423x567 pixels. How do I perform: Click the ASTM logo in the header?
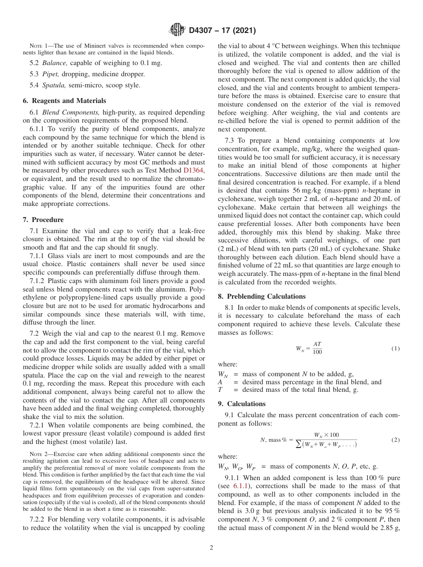178,30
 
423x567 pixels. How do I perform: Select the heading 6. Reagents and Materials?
64,101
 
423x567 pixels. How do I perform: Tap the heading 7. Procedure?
43,220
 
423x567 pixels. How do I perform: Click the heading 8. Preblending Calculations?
262,296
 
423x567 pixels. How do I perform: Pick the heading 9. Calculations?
241,404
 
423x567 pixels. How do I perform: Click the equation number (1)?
395,348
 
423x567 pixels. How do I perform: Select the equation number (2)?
395,440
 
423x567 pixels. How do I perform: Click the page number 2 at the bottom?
211,548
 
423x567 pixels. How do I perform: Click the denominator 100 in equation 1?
317,352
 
